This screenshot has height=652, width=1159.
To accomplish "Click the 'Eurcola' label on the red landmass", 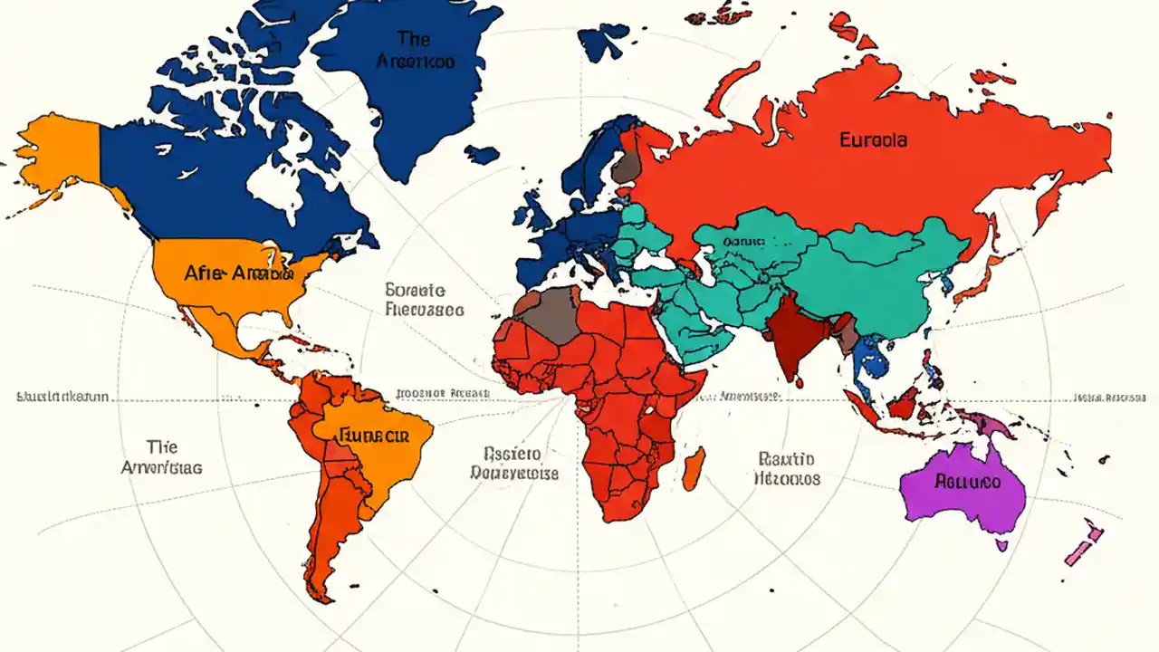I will (x=874, y=140).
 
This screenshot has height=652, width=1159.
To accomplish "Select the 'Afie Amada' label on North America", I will (x=238, y=273).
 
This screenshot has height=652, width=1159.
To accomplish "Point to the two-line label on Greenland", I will (x=415, y=50).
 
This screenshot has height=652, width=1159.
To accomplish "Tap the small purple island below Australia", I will (x=1001, y=545).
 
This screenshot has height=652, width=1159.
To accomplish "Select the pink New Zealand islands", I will (x=1082, y=544).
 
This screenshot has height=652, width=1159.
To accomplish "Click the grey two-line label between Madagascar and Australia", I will (x=787, y=468).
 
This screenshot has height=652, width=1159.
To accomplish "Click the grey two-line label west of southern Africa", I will (x=513, y=463).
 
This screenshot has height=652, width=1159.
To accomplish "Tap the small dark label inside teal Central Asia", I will (x=744, y=243).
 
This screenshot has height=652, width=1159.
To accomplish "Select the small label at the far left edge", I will (x=62, y=397).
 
